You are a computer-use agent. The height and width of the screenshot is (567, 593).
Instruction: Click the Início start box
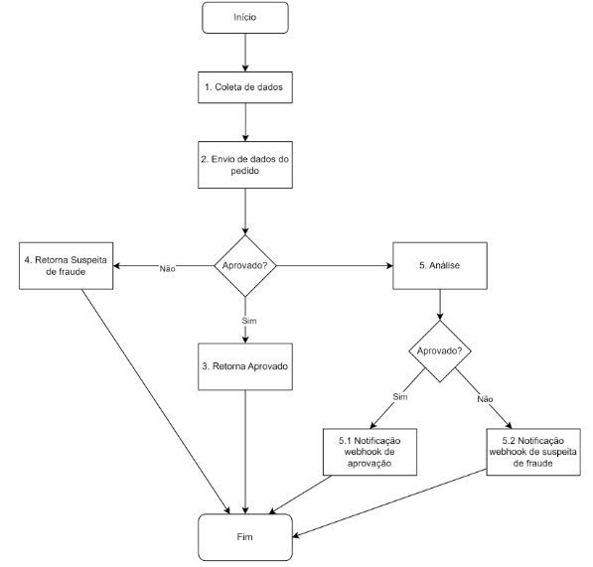pos(245,18)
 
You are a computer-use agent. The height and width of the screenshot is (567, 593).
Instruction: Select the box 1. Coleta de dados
pos(245,87)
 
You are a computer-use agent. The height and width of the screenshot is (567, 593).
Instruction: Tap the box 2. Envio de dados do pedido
pos(245,165)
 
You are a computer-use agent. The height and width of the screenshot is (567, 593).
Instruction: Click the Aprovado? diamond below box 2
pos(245,266)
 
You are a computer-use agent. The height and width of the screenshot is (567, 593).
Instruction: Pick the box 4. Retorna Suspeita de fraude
pos(67,266)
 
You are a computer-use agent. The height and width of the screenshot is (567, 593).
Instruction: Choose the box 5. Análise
pos(440,266)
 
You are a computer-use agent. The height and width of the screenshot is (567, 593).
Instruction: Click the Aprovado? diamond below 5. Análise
pos(440,352)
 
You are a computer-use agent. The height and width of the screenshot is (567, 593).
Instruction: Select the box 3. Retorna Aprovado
pos(245,366)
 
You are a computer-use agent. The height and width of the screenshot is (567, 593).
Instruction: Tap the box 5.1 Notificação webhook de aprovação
pos(370,452)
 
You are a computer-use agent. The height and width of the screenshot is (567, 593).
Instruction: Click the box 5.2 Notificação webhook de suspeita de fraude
pos(533,452)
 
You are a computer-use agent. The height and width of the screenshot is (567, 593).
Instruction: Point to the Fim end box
pos(245,537)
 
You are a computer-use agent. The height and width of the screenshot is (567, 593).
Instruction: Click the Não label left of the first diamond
pos(167,269)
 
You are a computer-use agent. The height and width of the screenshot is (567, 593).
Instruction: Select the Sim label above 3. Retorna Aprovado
pos(249,321)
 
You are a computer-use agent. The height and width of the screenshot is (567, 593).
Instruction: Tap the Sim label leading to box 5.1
pos(400,397)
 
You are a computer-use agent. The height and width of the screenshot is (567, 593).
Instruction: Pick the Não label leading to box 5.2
pos(485,399)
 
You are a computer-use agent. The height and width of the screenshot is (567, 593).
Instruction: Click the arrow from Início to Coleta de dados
pos(245,53)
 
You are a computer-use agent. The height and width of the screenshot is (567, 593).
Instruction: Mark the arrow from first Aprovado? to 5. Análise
pos(335,266)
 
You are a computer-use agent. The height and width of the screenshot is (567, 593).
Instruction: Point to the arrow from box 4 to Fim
pos(156,401)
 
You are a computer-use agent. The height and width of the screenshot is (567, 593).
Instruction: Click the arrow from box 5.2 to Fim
pos(389,503)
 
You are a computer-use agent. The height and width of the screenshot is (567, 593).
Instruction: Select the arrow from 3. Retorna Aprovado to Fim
pos(245,452)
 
